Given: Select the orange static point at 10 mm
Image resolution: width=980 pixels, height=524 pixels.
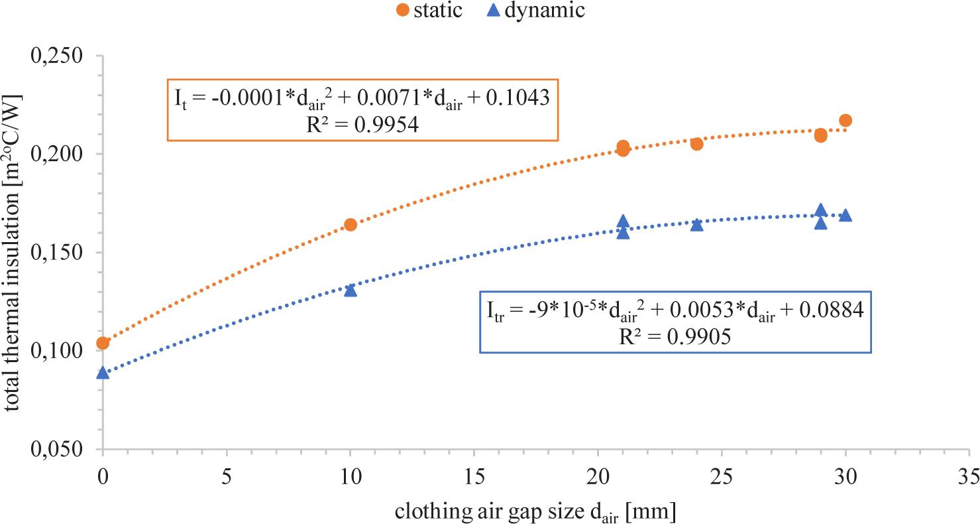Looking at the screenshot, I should [x=351, y=224].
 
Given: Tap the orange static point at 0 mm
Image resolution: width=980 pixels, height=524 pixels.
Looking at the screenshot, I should [x=103, y=343].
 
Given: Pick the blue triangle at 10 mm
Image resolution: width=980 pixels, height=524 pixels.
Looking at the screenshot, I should [x=351, y=290].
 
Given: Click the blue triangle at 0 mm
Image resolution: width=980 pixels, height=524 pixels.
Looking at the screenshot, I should [x=103, y=373].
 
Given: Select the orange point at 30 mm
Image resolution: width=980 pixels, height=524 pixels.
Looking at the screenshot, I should [x=845, y=120].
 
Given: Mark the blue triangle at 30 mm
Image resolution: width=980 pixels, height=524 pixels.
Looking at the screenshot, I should [x=845, y=216].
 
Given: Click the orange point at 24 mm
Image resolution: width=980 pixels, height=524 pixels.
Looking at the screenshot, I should [x=696, y=143].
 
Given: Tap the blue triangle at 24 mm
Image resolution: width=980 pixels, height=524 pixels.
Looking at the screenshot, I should [x=696, y=225].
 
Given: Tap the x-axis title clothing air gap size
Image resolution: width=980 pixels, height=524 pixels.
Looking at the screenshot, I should [x=535, y=511].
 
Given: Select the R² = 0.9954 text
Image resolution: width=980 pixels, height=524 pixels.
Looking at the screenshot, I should [x=361, y=125].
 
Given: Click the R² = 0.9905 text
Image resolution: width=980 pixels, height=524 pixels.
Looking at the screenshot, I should [x=675, y=337].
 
